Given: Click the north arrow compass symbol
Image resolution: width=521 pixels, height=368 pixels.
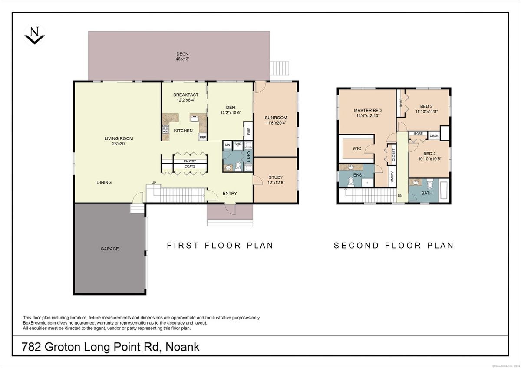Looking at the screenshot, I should pos(34,34).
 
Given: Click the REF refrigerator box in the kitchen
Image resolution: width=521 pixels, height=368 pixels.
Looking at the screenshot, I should pos(203,137).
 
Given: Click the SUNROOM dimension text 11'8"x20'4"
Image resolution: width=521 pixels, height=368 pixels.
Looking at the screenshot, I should pos(276,123).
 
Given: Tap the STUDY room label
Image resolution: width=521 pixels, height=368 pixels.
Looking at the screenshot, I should pos(276,177).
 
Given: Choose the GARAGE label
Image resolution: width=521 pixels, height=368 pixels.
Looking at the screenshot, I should pos(109,249).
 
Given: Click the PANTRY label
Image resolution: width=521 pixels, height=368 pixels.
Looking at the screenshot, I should pos(190,161).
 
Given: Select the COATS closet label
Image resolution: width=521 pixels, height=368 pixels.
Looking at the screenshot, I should pos(190,166).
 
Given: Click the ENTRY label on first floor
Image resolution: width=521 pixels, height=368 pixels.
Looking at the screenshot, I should pos(230,194).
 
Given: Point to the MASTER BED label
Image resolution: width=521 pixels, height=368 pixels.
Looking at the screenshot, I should pos(367,110).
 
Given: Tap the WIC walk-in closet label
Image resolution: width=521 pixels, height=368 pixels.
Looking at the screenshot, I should pos(356,148).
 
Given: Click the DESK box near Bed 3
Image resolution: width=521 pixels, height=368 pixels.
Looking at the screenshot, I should pos(434,136).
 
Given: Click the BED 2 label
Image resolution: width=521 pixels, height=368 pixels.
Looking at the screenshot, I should pos(426,106).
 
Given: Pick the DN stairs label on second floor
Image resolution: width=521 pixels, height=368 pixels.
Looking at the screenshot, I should pos(399,196).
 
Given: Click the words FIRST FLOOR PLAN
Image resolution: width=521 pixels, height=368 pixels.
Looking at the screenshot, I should pos(220,246).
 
